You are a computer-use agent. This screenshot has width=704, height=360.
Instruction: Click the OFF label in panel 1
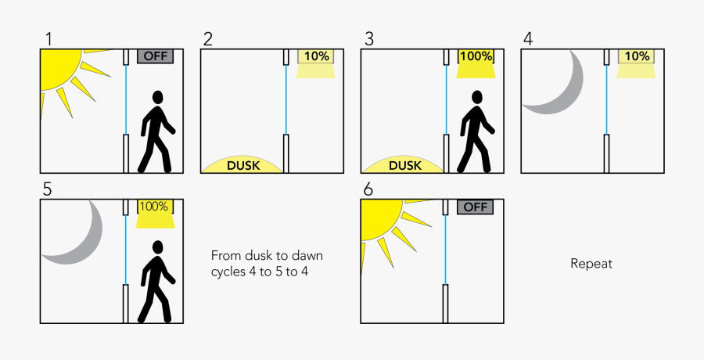(155, 56)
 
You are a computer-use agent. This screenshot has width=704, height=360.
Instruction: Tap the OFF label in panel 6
(475, 207)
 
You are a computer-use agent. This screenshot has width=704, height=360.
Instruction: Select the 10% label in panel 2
(316, 56)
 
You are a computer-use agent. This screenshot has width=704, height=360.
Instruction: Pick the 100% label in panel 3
(476, 56)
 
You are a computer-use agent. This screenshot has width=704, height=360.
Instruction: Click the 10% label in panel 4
(637, 56)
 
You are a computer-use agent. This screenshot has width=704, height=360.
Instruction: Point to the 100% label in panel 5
(154, 207)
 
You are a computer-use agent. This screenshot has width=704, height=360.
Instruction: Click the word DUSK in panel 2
(243, 165)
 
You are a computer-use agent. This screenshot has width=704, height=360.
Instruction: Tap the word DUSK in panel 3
(404, 165)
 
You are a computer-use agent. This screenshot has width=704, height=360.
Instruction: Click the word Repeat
(591, 264)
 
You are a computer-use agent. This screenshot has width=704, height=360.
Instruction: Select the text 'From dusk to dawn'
(266, 256)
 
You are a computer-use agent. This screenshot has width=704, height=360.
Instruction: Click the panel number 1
(48, 38)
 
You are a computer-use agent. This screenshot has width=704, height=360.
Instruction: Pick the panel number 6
(369, 189)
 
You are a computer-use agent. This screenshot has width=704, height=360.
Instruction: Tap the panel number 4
(528, 38)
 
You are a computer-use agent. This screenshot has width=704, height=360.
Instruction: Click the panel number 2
(208, 38)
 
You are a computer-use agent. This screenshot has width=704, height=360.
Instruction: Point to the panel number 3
(369, 38)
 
